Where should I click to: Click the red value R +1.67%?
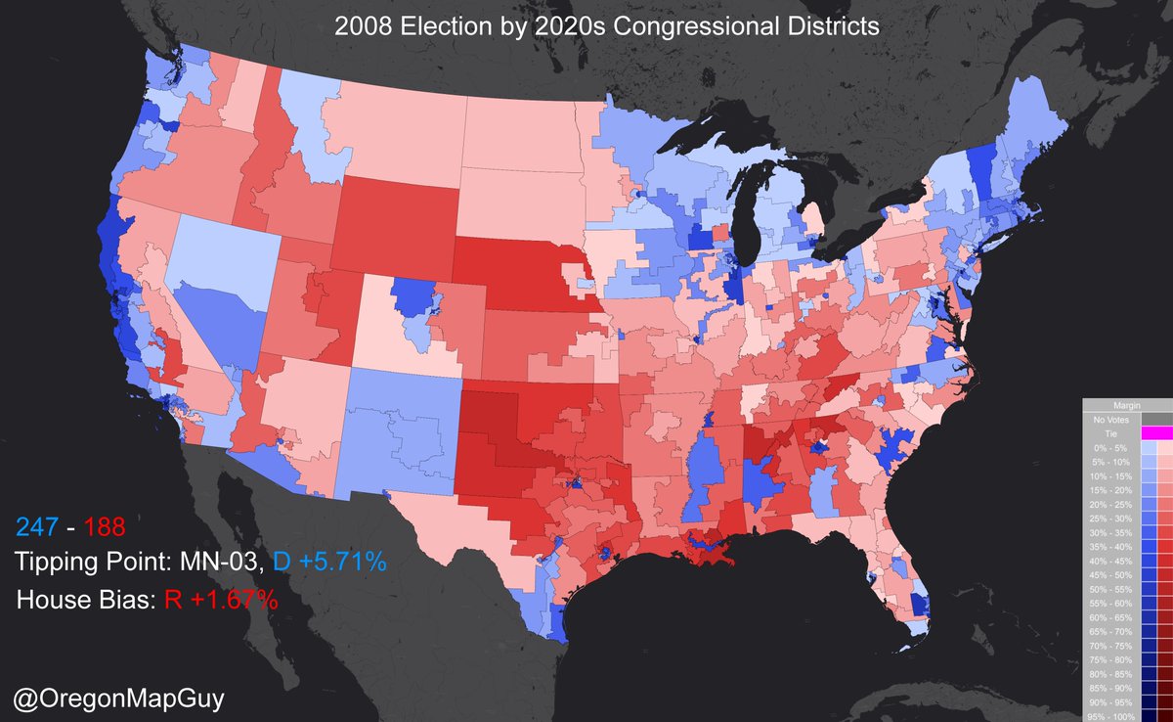220,599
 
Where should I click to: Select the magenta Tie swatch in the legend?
1156,432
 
